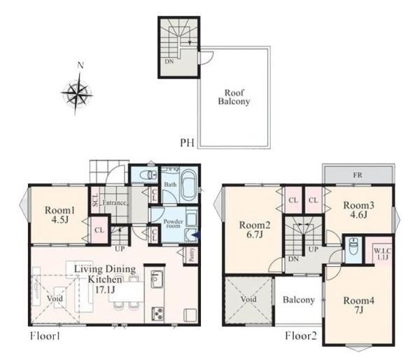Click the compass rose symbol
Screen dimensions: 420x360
[77, 94]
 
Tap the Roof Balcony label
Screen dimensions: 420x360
[234, 97]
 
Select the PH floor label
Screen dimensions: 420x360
[187, 143]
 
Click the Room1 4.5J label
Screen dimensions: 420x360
[59, 215]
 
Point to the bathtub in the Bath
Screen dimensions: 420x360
[189, 185]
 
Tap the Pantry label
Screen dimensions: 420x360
[191, 254]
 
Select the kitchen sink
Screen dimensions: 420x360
[157, 279]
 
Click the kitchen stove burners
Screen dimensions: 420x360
[157, 313]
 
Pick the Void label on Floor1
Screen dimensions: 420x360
[55, 298]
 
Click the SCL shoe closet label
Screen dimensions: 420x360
[95, 200]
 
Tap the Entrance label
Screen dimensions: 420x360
[114, 202]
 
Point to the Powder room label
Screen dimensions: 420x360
[174, 223]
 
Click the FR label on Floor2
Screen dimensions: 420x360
[358, 175]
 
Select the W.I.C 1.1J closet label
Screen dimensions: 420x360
[382, 254]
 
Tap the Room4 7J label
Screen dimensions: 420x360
[359, 305]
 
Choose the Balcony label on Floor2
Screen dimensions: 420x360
[299, 300]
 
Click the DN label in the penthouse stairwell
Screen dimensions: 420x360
[169, 62]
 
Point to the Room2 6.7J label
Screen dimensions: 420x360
[255, 230]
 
